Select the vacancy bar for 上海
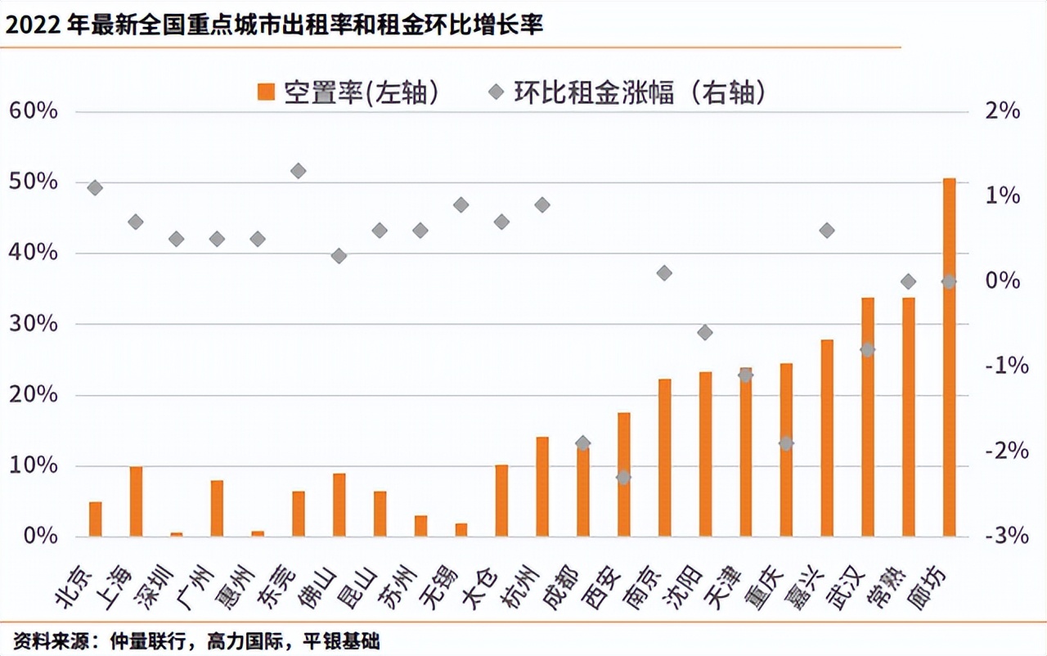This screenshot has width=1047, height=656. tap(136, 501)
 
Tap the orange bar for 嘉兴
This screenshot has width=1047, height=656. tap(827, 438)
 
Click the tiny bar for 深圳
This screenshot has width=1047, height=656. tap(177, 534)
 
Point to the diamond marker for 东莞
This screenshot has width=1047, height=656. tap(299, 171)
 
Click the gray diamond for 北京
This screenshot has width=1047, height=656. tap(95, 188)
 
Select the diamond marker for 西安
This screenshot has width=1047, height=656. tap(623, 477)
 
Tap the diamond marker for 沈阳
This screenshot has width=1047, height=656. tap(705, 332)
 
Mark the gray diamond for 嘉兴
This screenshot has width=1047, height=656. tap(827, 231)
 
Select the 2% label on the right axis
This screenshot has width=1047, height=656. tap(1005, 111)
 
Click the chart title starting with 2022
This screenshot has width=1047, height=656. tap(274, 25)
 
